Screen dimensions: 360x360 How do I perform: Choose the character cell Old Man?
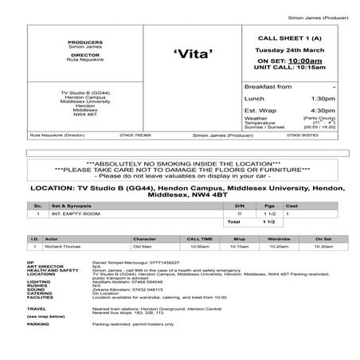tap(143, 247)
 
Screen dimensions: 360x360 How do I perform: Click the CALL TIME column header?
tap(199, 238)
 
